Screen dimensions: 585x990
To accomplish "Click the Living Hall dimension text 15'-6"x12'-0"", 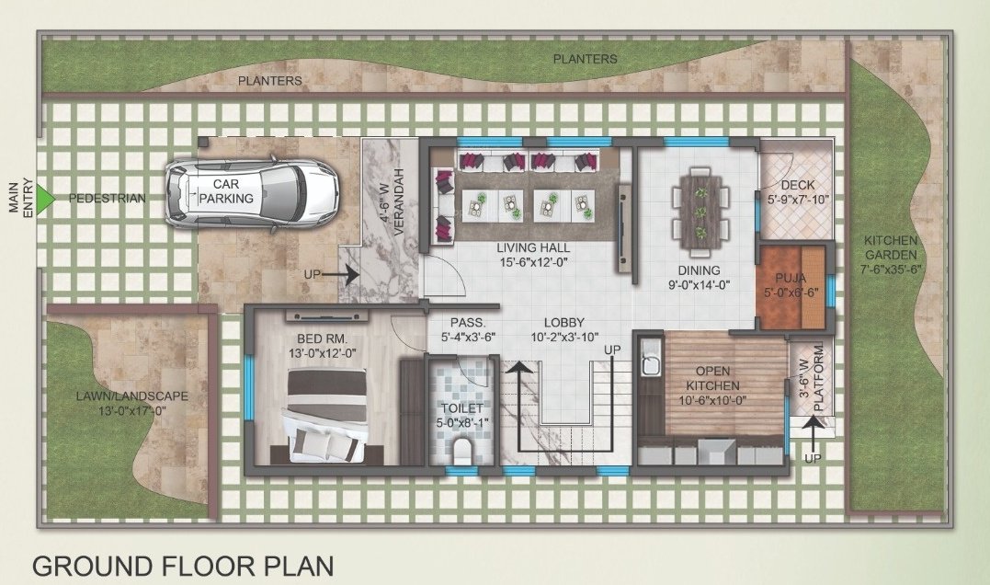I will (x=533, y=262).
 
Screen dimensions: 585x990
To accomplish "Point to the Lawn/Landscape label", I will (x=132, y=397).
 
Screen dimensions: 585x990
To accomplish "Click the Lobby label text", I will (x=563, y=322).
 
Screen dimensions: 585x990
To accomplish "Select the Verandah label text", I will (x=399, y=203).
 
